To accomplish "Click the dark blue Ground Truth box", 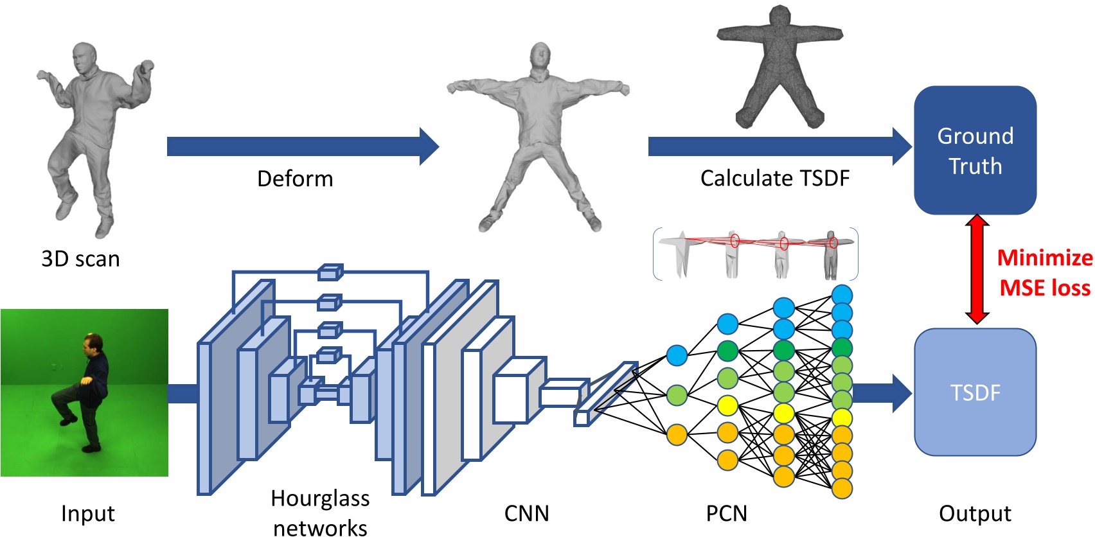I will (975, 150).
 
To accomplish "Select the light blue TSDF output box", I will (975, 392).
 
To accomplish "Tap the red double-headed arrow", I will (977, 268).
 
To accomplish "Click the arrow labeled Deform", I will (302, 146).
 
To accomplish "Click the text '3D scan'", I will (80, 259).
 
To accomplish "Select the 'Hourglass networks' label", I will (320, 513).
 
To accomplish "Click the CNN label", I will (526, 513).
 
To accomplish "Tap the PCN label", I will (726, 513).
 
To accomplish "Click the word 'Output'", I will (975, 513).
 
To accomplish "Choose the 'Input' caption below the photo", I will (87, 513).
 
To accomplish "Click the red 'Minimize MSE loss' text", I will (1044, 273).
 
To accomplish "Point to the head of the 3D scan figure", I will (84, 58).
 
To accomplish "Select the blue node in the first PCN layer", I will (677, 355).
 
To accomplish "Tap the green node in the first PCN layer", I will (677, 395).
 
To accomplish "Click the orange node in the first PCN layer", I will (677, 435).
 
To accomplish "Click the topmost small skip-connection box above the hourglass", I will (330, 272).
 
